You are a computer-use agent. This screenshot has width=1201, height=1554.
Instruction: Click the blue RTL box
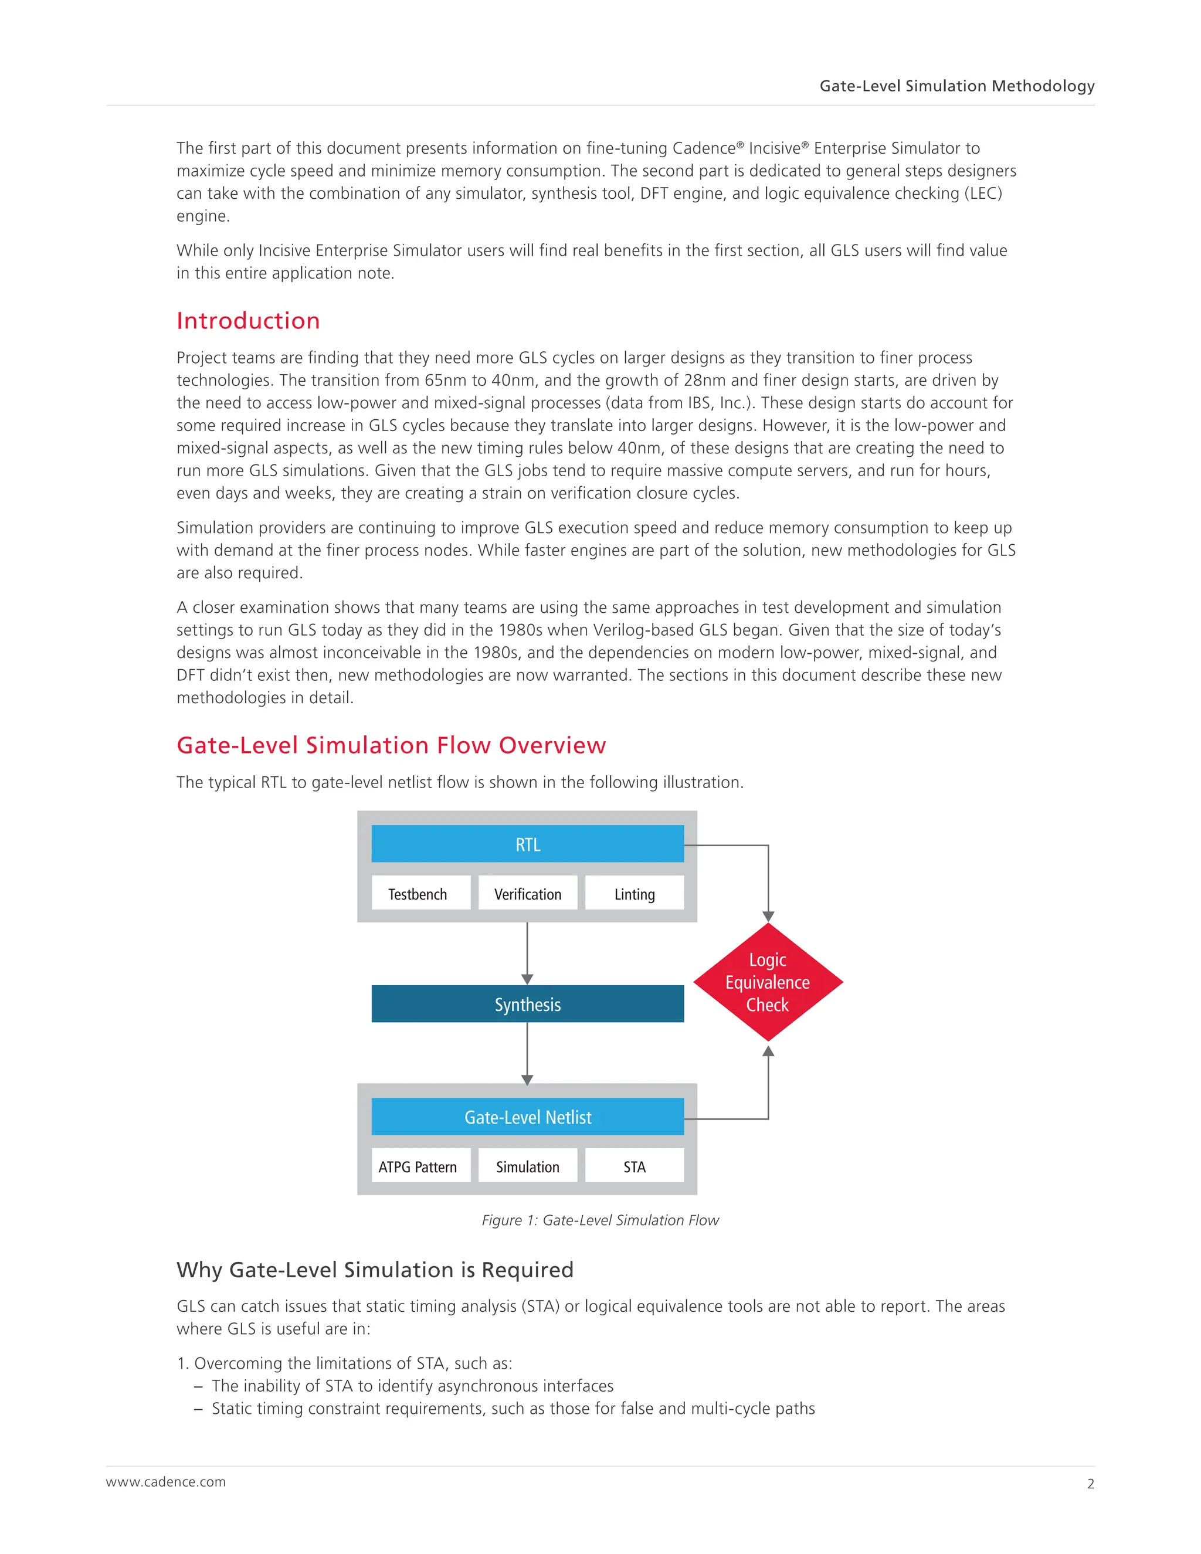coord(527,844)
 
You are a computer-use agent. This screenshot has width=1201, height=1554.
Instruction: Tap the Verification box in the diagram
coord(527,894)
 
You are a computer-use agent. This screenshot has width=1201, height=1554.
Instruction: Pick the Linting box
coord(634,894)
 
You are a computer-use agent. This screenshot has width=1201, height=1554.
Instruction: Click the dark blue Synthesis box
coord(527,1004)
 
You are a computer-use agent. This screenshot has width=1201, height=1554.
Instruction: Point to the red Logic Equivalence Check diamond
coord(768,982)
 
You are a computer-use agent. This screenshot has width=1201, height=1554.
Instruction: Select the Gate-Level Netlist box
coord(527,1117)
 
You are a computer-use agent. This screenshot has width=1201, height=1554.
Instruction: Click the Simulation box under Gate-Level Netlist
coord(527,1167)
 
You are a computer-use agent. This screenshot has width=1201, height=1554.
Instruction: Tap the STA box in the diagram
coord(634,1167)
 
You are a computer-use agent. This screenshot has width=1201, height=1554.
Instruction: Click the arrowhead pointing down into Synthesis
coord(527,979)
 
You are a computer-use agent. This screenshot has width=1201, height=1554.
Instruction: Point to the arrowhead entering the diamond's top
coord(768,917)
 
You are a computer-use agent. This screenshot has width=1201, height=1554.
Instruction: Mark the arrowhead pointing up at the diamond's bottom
coord(768,1051)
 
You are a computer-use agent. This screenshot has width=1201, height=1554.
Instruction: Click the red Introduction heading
coord(248,321)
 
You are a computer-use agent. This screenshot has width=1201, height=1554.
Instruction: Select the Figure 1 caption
coord(600,1220)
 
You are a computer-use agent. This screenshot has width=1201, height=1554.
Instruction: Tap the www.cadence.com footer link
coord(166,1481)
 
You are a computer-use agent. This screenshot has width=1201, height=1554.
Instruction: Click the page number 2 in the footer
coord(1090,1484)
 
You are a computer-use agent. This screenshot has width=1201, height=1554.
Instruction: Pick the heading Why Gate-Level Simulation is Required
coord(375,1270)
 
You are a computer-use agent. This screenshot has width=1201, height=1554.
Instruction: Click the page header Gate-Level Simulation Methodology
coord(956,86)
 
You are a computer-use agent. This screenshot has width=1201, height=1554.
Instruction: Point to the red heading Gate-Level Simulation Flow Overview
coord(391,745)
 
